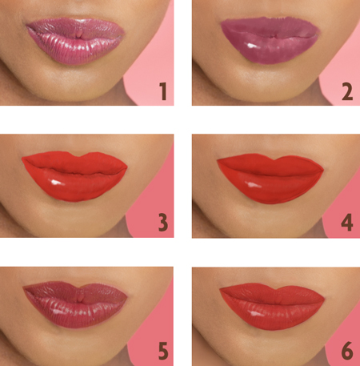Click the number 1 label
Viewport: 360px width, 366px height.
coord(162,92)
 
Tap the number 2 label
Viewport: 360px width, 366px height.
coord(346,92)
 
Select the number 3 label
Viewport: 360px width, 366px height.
coord(162,222)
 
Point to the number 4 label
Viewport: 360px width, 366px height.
coord(346,222)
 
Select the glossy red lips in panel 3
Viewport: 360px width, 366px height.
coord(74,175)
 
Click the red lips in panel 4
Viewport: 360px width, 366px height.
coord(270,175)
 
